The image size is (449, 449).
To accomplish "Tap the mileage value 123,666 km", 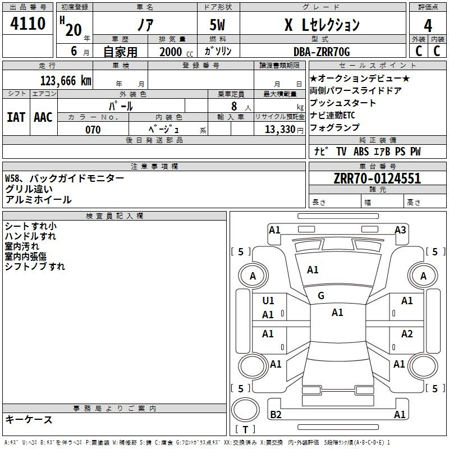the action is pos(66,81).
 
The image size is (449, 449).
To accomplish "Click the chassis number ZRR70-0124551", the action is pos(377,179).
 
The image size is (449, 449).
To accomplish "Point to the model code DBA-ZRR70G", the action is pos(322,52).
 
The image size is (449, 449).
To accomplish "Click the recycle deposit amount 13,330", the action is pos(279,130).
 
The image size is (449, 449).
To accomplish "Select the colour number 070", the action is pos(93,130).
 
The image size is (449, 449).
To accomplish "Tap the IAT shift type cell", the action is pos(16,117).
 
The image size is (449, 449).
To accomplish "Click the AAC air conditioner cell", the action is pos(43,117).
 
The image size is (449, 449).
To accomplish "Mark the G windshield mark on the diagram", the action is pos(321,296).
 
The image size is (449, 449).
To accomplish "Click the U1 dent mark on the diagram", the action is pos(268,301).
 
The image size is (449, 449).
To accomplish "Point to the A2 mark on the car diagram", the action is pos(407,335).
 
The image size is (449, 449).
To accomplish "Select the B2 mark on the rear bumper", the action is pos(276,415).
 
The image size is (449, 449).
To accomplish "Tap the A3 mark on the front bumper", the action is pos(400,230).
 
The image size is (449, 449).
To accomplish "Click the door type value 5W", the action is pos(218,25).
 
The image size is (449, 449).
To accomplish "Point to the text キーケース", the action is pos(29,420).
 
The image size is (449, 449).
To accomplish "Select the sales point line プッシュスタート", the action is pos(342,103).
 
